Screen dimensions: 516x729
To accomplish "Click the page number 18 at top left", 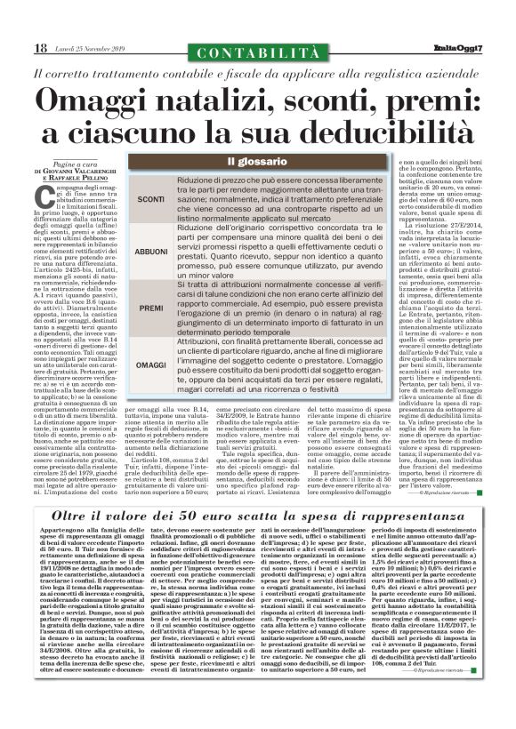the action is (x=40, y=48).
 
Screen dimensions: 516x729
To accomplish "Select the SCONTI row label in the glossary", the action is (x=151, y=198).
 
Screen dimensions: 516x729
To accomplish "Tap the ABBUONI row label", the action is (x=151, y=252).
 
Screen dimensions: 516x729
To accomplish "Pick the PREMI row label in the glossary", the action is (x=151, y=308).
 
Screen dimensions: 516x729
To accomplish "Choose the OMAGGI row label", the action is (x=151, y=364).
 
